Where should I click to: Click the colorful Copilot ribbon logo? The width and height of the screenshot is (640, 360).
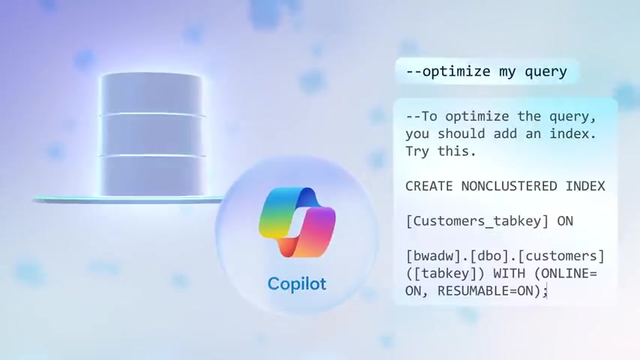[x=297, y=222]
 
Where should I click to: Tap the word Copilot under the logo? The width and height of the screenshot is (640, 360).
[x=297, y=283]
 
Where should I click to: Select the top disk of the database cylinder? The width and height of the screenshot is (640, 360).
[x=151, y=94]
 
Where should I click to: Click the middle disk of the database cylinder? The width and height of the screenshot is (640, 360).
[x=152, y=136]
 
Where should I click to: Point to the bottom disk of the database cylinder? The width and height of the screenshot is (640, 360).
[x=153, y=176]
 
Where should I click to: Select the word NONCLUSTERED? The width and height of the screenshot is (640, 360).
[x=509, y=186]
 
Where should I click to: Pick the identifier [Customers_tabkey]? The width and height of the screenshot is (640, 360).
[x=477, y=221]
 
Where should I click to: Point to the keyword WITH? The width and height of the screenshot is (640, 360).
[x=509, y=273]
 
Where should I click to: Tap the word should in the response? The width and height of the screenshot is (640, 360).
[x=461, y=134]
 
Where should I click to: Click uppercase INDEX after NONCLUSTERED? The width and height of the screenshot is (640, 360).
[x=585, y=186]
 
